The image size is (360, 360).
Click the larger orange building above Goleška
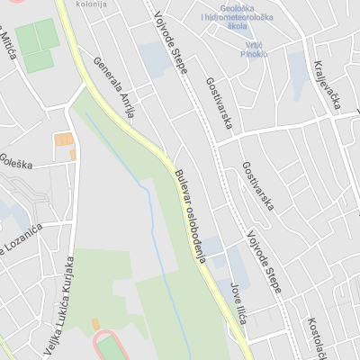point(64,139)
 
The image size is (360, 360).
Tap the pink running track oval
point(110,346)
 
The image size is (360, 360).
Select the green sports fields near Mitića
point(39,45)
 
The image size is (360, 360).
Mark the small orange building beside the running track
point(95,323)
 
